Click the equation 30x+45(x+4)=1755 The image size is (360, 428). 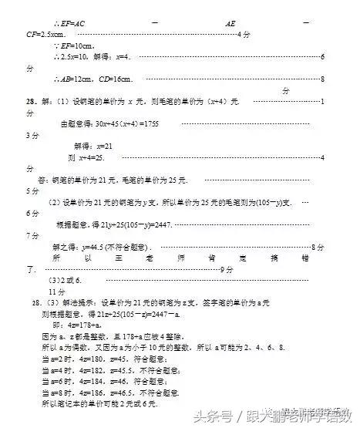pos(128,123)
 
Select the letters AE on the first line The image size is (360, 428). pos(230,24)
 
